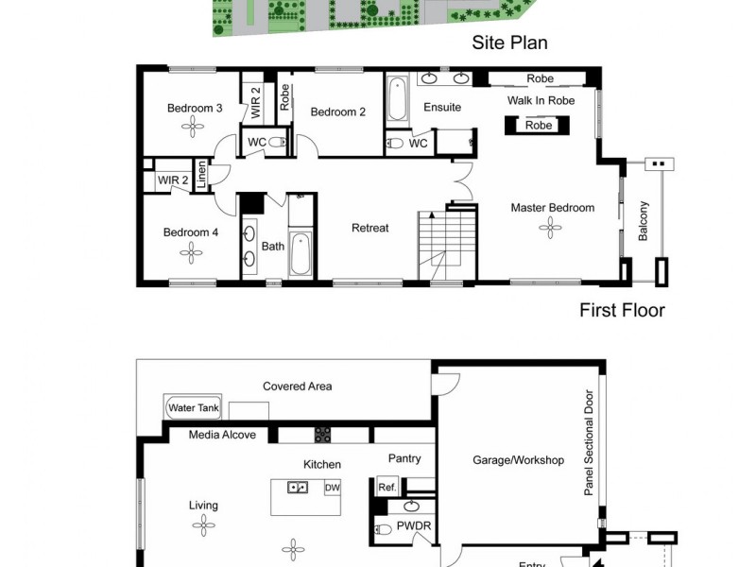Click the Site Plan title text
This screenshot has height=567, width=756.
pos(509,43)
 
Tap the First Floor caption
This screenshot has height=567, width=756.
pos(622,310)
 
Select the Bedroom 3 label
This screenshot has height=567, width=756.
pos(195,108)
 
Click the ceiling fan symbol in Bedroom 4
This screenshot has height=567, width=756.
pos(192,252)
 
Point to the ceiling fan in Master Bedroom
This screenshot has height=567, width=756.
pos(551,227)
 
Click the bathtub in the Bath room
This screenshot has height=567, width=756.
pos(300,252)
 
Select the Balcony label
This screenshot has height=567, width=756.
pos(644,221)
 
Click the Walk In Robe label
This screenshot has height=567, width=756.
pos(541,99)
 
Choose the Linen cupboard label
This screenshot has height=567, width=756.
pos(201,177)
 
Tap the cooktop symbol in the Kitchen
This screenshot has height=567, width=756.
pos(323,435)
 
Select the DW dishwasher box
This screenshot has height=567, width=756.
pos(332,488)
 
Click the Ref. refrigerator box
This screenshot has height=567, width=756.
pos(387,488)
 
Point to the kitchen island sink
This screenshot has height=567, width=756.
pos(297,488)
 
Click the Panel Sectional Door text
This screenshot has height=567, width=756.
pos(589,443)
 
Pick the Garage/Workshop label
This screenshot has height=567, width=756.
pos(518,460)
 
